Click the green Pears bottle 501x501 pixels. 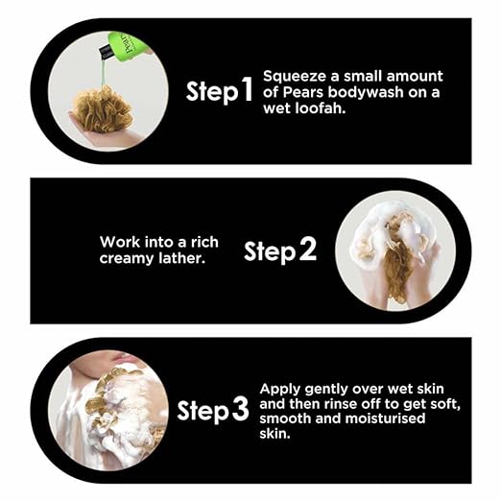click(x=126, y=47)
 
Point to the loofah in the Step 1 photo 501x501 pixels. click(x=102, y=110)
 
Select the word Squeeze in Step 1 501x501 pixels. click(x=295, y=77)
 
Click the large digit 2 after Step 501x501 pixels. click(x=307, y=250)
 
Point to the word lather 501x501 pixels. click(x=181, y=257)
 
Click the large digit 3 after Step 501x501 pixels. click(x=240, y=409)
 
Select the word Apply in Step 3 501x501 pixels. click(x=280, y=390)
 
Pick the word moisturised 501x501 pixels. click(x=385, y=418)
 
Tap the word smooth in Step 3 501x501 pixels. click(x=285, y=418)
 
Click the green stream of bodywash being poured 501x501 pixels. click(x=103, y=73)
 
